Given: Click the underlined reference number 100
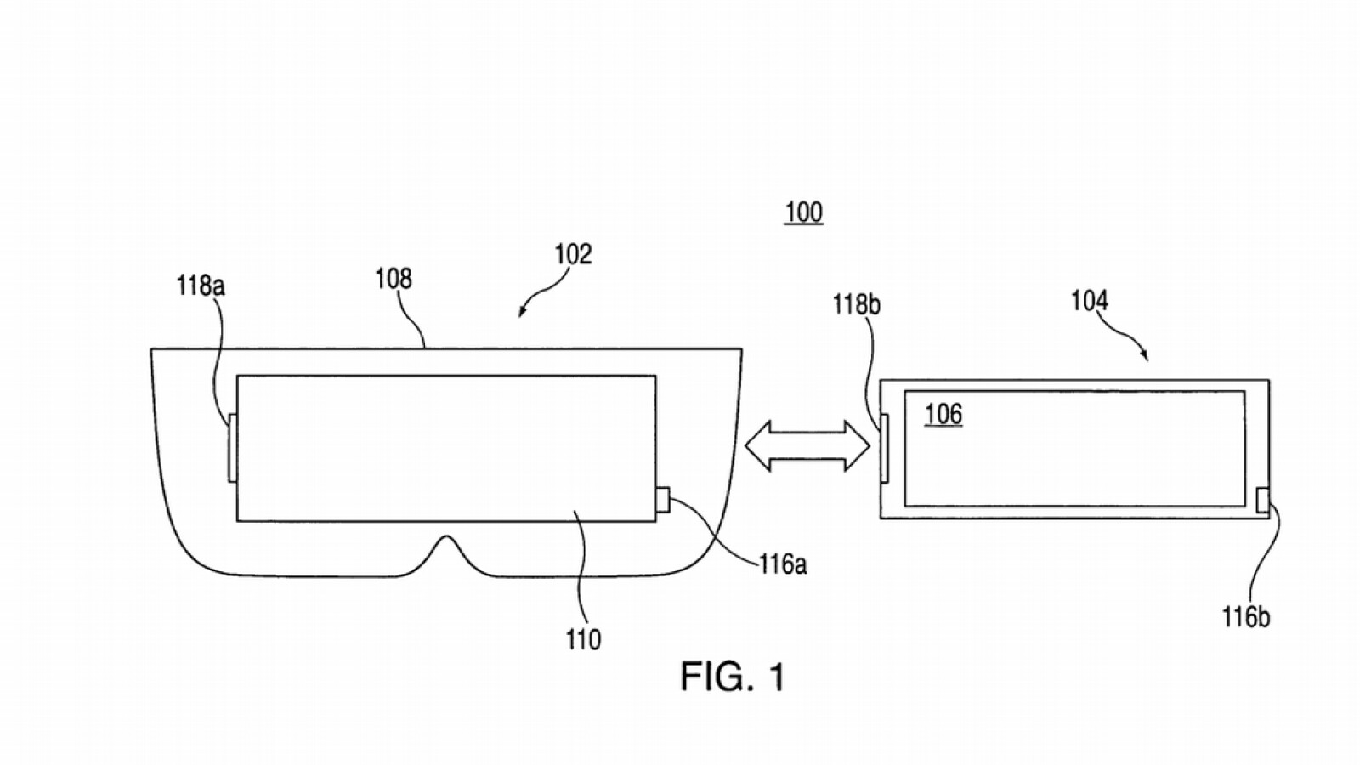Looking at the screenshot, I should coord(803,212).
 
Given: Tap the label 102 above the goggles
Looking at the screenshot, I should coord(573,254).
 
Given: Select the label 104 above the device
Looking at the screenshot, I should coord(1090,301).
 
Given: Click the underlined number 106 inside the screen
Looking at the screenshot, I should coord(943,414).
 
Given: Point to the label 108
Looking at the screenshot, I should coord(394,279).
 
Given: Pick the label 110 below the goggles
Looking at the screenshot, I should coord(583,639).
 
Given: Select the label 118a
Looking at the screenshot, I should coord(201,286).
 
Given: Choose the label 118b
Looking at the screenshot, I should coord(857,304).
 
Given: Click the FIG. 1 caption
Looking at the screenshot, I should coord(733,677).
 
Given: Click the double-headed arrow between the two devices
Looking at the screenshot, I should coord(807,445).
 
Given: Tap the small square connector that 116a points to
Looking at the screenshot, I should coord(663,500).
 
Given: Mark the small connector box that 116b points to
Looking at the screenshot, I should coord(1262,501).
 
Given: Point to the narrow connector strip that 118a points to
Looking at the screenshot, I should coord(232,447).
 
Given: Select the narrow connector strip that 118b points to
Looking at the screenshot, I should coord(884,448).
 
